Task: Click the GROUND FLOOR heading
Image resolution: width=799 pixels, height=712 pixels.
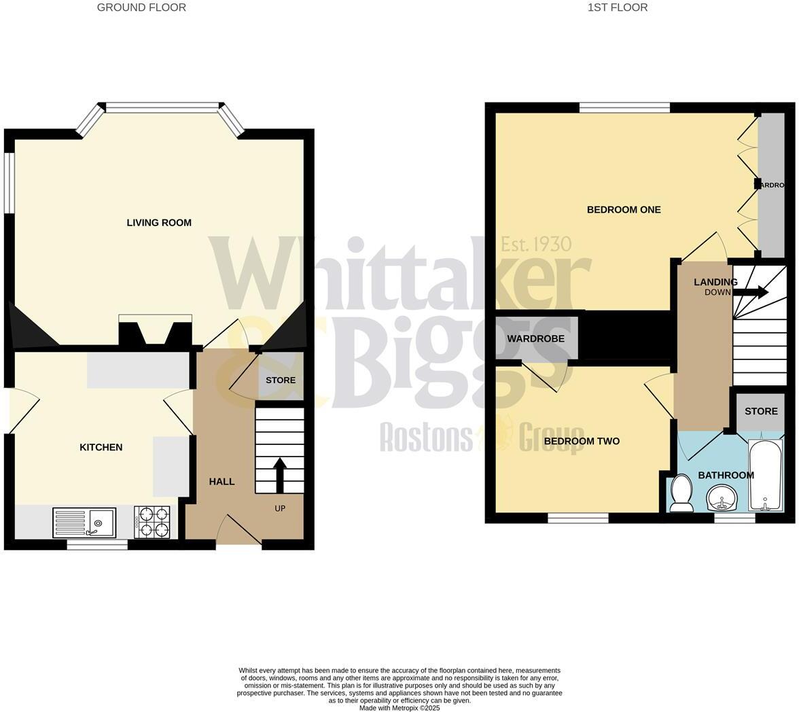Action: click(141, 7)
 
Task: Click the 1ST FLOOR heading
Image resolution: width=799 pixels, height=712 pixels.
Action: click(617, 7)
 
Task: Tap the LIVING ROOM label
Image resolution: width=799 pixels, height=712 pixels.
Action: click(159, 223)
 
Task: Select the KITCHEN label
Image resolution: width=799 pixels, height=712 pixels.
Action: click(101, 447)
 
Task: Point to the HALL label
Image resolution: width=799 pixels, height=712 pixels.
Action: click(221, 482)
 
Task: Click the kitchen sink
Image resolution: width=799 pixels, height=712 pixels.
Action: click(85, 523)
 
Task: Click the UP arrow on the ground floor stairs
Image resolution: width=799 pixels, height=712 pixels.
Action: click(279, 474)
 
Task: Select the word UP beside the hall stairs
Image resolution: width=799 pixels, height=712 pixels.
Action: click(280, 508)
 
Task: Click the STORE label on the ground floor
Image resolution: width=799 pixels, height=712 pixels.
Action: click(281, 380)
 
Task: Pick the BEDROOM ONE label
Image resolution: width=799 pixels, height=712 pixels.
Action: click(624, 210)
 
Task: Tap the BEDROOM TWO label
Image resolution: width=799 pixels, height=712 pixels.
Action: click(582, 442)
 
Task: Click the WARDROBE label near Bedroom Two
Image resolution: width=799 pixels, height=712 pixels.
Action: click(535, 338)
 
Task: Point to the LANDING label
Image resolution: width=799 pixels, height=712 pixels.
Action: click(715, 282)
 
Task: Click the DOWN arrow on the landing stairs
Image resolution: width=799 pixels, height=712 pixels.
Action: click(750, 292)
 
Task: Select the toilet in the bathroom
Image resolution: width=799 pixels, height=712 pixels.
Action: click(680, 493)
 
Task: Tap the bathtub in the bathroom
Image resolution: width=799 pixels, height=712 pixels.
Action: click(766, 476)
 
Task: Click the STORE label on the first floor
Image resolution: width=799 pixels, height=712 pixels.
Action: click(761, 411)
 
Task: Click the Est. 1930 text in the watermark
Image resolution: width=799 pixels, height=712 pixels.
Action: click(536, 244)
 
